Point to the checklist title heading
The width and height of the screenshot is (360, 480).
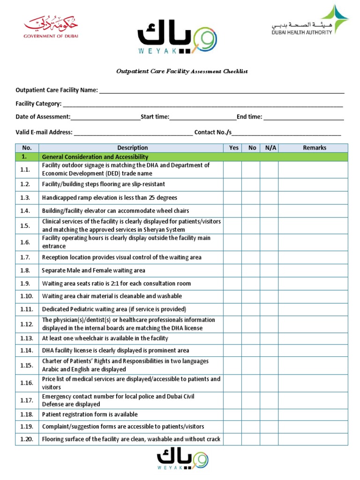click(182, 71)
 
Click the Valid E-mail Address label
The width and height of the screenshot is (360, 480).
click(44, 132)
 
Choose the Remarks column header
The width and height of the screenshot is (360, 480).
click(314, 148)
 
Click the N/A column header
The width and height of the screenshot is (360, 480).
click(270, 148)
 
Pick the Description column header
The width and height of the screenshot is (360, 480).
click(132, 148)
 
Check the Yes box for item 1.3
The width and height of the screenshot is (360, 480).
click(233, 198)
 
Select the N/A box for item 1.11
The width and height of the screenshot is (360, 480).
click(270, 309)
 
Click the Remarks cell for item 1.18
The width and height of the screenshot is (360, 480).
click(314, 414)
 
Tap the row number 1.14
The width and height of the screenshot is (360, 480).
click(27, 350)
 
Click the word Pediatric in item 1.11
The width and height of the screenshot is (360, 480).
click(85, 309)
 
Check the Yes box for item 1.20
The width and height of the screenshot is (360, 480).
click(233, 439)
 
